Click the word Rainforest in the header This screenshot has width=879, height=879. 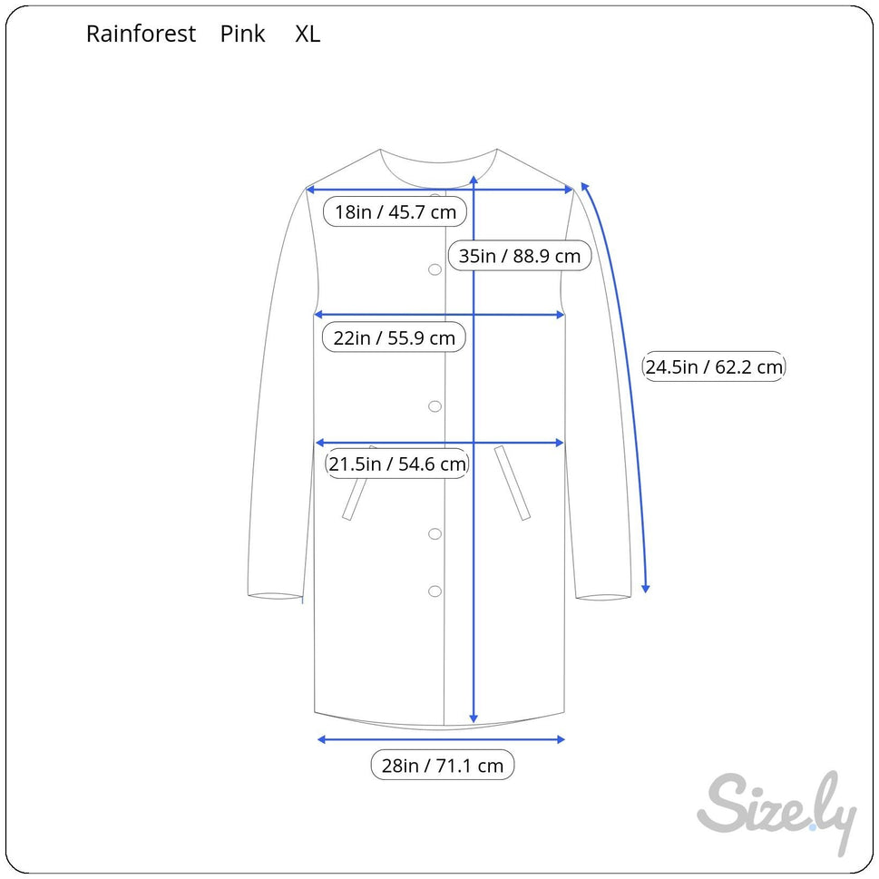pyautogui.click(x=141, y=34)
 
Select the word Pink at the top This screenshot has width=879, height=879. pyautogui.click(x=242, y=34)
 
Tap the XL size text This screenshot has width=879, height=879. pyautogui.click(x=308, y=34)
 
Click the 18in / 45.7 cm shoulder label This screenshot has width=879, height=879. pyautogui.click(x=396, y=212)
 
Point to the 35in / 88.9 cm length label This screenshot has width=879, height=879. pyautogui.click(x=520, y=256)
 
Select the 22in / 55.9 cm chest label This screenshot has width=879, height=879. pyautogui.click(x=394, y=337)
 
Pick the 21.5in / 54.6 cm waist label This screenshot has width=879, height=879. pyautogui.click(x=397, y=464)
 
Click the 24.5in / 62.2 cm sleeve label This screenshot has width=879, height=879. pyautogui.click(x=714, y=366)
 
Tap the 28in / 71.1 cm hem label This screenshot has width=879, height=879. pyautogui.click(x=443, y=766)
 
